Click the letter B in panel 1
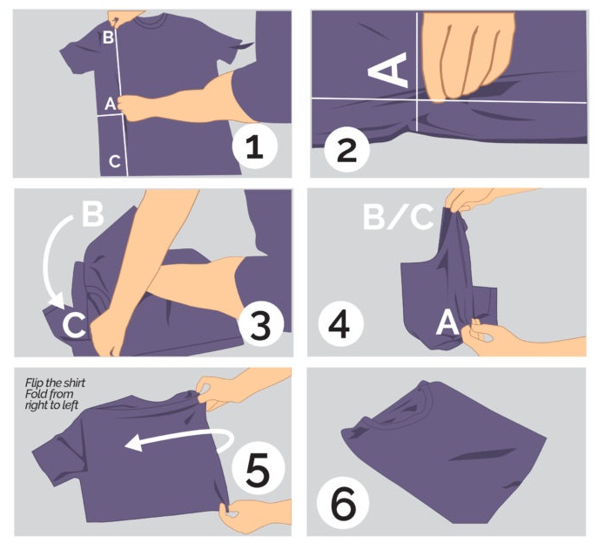(108, 37)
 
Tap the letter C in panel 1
(113, 160)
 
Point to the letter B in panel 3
(92, 214)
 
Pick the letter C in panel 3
(74, 324)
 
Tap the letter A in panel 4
(447, 323)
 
